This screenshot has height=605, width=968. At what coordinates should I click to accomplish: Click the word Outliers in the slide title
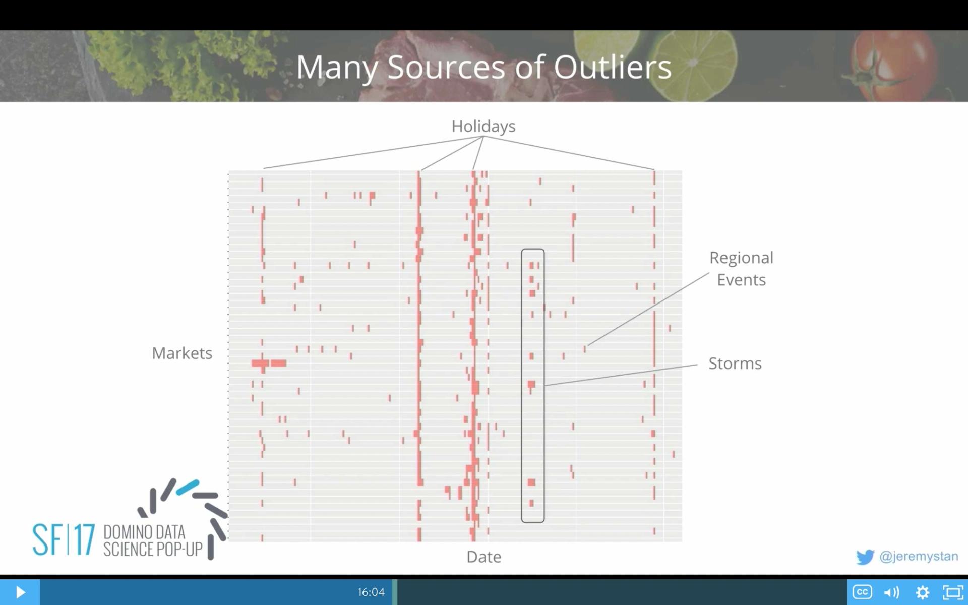coord(612,67)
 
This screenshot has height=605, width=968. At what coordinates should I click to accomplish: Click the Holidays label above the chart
coord(483,126)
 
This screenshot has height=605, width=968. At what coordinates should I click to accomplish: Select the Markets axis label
coord(182,353)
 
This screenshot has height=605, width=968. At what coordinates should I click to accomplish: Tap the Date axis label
coord(483,557)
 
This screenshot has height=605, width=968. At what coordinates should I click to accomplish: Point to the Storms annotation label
coord(735,364)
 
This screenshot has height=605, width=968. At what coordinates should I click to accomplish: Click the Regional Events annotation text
coord(741,269)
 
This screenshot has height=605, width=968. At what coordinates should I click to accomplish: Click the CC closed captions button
coord(862,592)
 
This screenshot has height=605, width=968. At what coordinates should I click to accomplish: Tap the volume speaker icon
coord(891,592)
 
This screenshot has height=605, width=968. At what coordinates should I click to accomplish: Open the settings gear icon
coord(922,592)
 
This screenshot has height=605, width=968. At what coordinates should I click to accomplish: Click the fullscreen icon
coord(952,592)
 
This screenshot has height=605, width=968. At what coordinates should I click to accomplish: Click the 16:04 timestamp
coord(371,592)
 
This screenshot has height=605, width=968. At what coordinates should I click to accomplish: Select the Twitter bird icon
coord(865,557)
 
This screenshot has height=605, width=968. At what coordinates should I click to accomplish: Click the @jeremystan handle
coord(919,556)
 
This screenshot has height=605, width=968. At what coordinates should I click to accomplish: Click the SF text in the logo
coord(47,539)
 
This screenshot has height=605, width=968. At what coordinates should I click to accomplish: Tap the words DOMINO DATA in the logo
coord(144,532)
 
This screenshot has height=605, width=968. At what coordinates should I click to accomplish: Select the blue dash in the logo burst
coord(188,487)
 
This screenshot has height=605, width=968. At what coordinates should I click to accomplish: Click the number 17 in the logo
coord(82,539)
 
